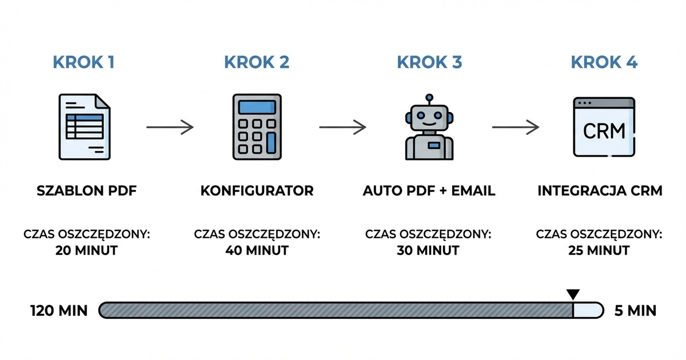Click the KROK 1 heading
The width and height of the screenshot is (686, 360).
83,62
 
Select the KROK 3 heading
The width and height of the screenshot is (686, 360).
429,62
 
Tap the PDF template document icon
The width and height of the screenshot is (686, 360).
85,127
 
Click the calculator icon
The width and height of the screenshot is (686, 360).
257,127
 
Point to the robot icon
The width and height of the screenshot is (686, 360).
429,129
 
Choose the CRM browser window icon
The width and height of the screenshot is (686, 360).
604,127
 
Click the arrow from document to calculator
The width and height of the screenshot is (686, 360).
170,127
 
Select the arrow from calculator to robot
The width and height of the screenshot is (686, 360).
342,127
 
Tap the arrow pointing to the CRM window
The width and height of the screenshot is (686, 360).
516,127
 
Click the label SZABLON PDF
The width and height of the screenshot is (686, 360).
86,191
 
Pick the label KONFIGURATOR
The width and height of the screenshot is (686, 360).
257,191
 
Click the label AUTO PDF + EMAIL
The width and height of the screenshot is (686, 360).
429,191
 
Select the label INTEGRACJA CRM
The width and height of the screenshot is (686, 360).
600,191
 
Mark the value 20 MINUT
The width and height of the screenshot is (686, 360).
86,250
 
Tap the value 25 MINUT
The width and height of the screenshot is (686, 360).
600,250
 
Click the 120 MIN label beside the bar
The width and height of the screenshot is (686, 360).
59,311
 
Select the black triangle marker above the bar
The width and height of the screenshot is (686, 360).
573,294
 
